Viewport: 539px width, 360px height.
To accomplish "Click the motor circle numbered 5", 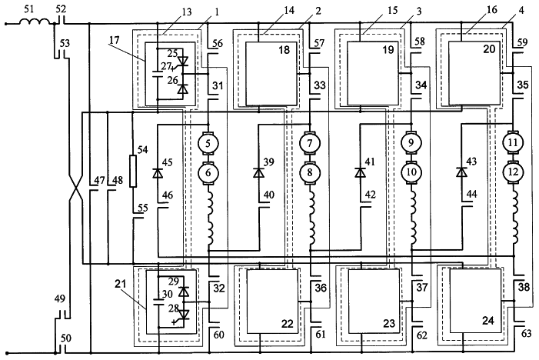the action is (208, 143).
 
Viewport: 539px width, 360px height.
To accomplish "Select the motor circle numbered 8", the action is (310, 172).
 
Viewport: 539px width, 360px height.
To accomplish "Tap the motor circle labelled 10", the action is (411, 172).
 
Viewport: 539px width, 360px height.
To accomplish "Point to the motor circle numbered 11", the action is (513, 142).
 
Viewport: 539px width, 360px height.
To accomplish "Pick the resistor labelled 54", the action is (133, 172).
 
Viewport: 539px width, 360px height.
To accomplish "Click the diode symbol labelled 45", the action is (158, 173).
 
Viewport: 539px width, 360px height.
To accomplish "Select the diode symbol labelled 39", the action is (258, 172).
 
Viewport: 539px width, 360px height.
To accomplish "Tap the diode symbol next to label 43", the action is (461, 172).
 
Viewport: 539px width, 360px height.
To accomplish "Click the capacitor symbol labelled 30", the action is (158, 302).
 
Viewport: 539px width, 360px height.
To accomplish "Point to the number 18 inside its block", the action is (284, 50).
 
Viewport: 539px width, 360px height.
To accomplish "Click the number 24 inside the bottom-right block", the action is (488, 321).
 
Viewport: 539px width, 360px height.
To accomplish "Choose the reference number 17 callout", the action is (114, 40).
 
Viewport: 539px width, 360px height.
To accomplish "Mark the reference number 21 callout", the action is (121, 284).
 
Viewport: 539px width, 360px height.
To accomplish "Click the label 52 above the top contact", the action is (61, 9).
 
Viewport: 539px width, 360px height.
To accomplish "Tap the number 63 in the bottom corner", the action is (526, 333).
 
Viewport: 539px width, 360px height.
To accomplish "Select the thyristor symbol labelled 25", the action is (182, 61).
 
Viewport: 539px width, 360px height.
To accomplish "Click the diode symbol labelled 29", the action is (185, 292).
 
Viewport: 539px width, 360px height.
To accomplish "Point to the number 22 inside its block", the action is (287, 324).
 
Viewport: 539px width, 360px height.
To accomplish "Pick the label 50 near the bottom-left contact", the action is (65, 338).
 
